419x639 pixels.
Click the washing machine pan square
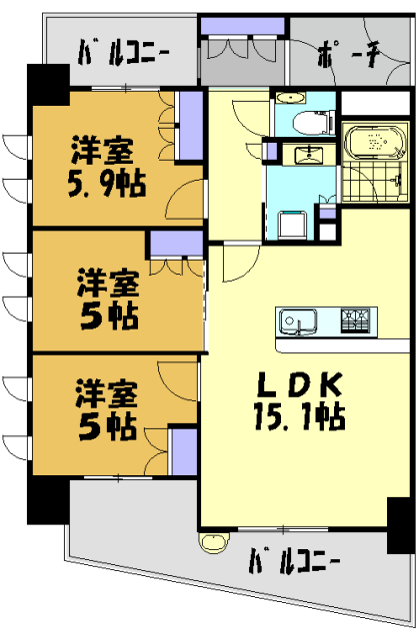294,224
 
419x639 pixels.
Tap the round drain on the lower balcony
212,544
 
